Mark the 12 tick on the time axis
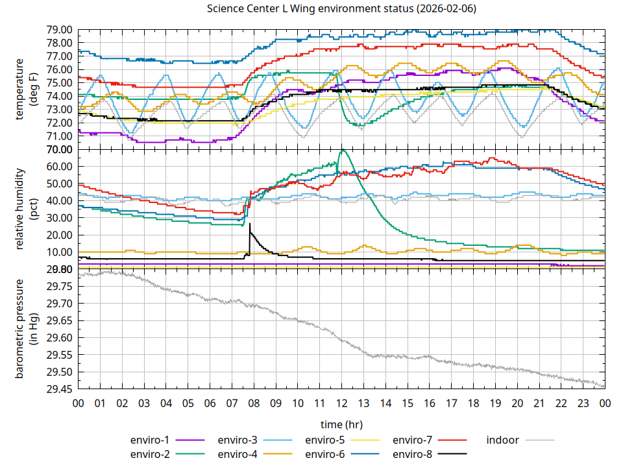(341, 403)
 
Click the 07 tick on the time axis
(232, 403)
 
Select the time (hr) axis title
(341, 424)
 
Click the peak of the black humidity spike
(250, 224)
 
